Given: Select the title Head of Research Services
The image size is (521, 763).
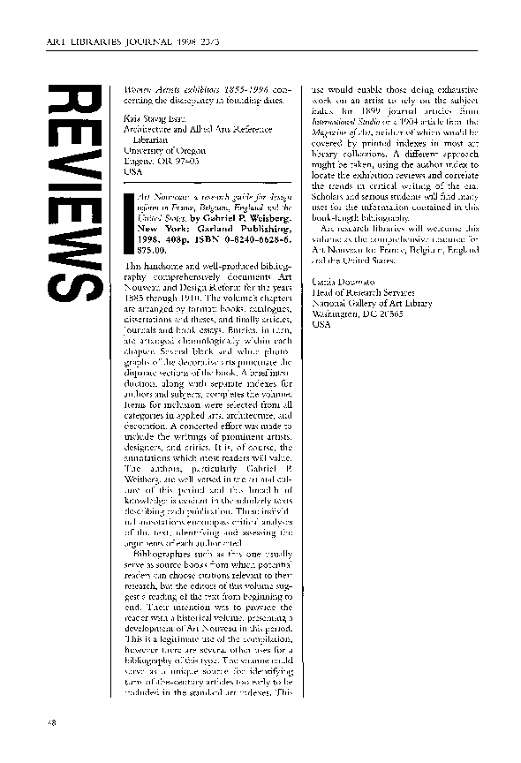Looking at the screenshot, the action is coord(362,291).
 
